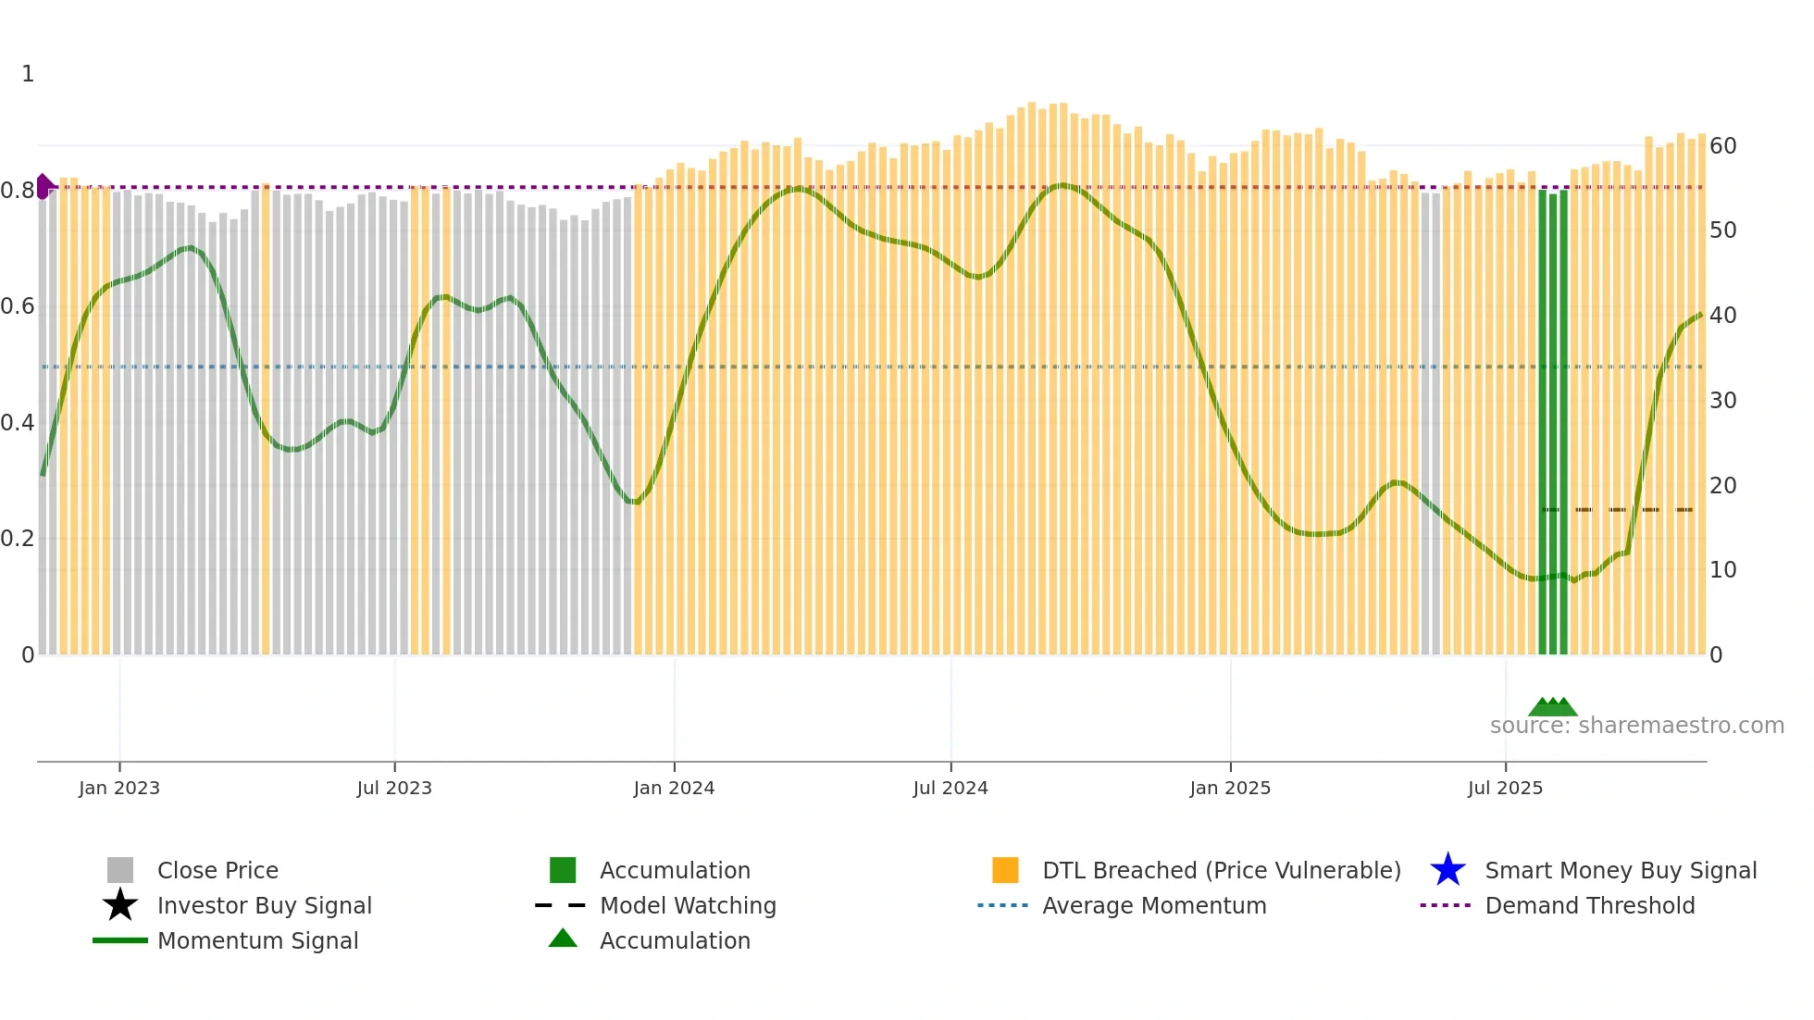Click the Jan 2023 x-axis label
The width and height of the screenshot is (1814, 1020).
[x=118, y=788]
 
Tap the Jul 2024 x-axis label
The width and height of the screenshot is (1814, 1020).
[x=950, y=788]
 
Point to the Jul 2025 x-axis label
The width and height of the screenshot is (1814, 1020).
[x=1505, y=788]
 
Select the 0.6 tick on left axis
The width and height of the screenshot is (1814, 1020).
[x=18, y=306]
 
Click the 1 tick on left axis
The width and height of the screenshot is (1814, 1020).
[x=28, y=74]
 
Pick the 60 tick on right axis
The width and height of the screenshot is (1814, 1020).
[x=1722, y=146]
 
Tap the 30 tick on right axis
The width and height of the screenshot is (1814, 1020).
[x=1722, y=401]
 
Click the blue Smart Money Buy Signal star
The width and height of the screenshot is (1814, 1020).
[x=1447, y=870]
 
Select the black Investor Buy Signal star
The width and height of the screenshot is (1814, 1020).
[x=120, y=905]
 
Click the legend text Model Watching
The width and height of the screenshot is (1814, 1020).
[x=688, y=905]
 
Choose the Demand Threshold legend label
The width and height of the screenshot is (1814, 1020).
[x=1589, y=905]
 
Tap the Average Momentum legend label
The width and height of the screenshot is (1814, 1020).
[x=1154, y=905]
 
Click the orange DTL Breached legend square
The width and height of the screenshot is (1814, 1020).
[x=1005, y=870]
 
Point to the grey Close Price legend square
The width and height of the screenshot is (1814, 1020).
[x=120, y=870]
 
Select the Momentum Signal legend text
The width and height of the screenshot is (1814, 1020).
[x=257, y=940]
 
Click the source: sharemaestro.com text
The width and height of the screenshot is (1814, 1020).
[x=1636, y=725]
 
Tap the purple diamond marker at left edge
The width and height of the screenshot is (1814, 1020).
[x=43, y=186]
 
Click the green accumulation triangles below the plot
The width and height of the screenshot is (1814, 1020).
[x=1552, y=707]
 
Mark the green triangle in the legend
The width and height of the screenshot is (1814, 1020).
[x=563, y=939]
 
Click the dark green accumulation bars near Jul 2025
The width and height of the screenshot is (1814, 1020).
[x=1553, y=421]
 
